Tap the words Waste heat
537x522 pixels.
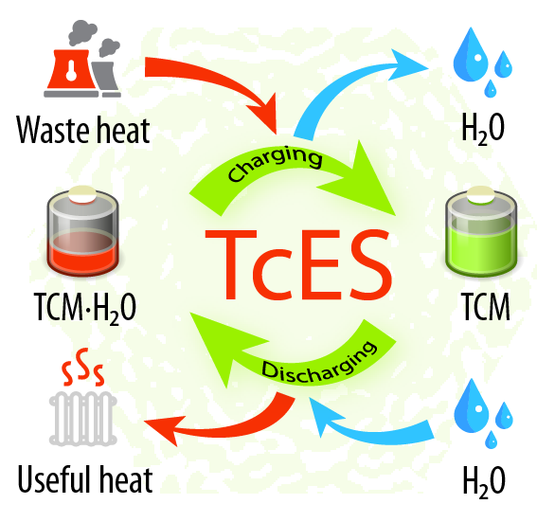(83, 130)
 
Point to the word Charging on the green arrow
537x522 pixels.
(275, 164)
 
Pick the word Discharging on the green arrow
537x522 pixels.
(319, 364)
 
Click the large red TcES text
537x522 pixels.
(298, 265)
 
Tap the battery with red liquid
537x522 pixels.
(83, 231)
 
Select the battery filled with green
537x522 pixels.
(481, 231)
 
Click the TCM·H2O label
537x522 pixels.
(85, 308)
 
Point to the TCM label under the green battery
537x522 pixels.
(486, 307)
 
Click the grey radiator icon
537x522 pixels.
(83, 419)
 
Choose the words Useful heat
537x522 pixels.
(85, 479)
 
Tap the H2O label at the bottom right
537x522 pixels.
(484, 481)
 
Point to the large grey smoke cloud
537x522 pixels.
(82, 32)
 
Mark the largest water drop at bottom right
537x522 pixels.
(472, 406)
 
